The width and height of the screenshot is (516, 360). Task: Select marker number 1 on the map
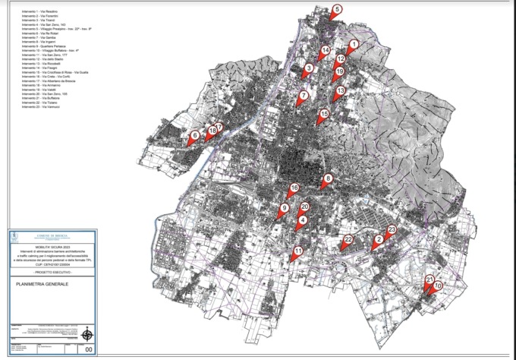click(353, 46)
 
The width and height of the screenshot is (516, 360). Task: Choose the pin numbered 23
click(392, 230)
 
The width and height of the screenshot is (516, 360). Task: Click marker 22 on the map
click(348, 240)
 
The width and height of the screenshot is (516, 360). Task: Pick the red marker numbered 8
click(327, 180)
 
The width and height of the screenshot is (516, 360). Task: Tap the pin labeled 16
click(294, 188)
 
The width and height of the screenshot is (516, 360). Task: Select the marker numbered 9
click(285, 208)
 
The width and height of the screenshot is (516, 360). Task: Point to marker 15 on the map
click(324, 115)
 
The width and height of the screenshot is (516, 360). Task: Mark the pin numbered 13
click(340, 90)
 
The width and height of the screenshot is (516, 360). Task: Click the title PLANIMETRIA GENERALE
click(42, 284)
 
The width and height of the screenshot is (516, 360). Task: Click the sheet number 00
click(90, 349)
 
